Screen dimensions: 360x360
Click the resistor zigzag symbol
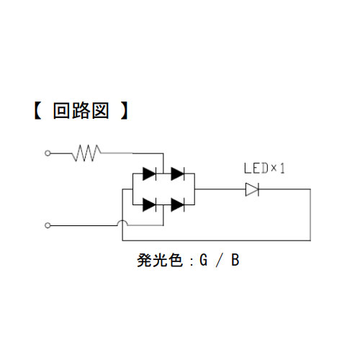[x=86, y=153]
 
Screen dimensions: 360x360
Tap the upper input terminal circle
[x=48, y=153]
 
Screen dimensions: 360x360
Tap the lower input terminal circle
[x=48, y=225]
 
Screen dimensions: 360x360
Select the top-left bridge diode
[x=149, y=174]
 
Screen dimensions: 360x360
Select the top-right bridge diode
[x=178, y=174]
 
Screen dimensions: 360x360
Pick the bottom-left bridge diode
[x=149, y=204]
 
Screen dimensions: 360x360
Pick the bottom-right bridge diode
[x=178, y=204]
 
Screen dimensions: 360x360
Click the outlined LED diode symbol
[x=252, y=189]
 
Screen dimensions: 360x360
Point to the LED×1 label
[x=264, y=168]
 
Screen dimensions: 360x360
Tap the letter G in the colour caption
[x=204, y=260]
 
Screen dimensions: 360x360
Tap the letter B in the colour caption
[x=235, y=260]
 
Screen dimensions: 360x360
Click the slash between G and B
[x=219, y=260]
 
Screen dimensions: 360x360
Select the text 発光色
[x=159, y=260]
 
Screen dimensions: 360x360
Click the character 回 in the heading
[x=62, y=111]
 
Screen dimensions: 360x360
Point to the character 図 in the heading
[x=101, y=111]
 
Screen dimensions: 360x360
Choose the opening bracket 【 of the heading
[x=38, y=111]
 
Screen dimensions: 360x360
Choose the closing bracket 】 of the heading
[x=124, y=111]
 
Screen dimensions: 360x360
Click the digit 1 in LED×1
[x=282, y=168]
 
